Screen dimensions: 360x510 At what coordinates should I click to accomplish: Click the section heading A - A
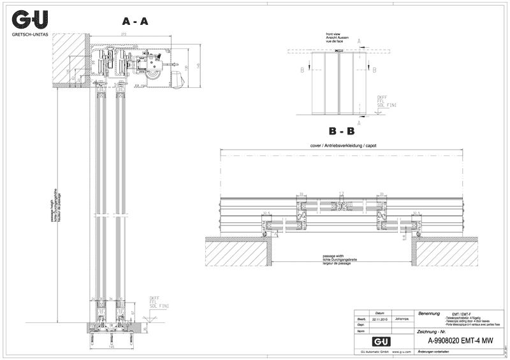click(x=135, y=21)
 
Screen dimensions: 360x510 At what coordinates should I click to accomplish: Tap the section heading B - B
click(x=342, y=132)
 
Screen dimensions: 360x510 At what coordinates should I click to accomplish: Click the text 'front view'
click(x=334, y=33)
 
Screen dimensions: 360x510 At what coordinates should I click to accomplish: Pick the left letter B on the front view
click(x=302, y=69)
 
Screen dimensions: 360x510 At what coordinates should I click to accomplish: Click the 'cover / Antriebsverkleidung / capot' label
click(x=343, y=146)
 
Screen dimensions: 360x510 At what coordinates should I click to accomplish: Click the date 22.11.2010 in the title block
click(x=381, y=320)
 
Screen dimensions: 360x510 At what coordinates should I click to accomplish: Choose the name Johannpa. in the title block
click(x=402, y=320)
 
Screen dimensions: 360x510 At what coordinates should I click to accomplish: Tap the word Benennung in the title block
click(x=428, y=313)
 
